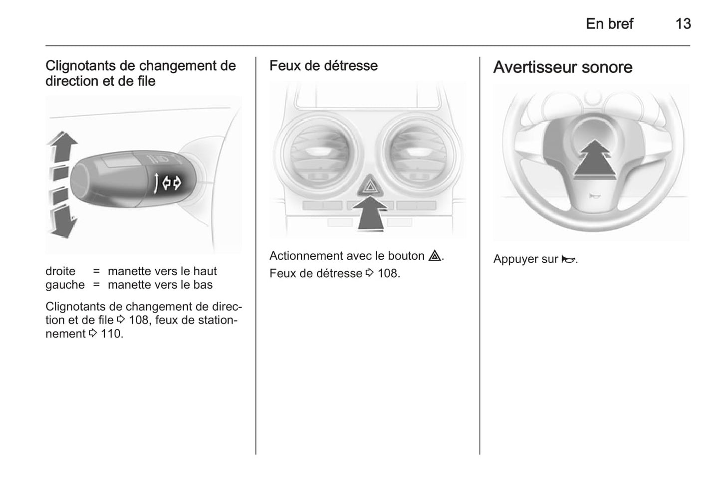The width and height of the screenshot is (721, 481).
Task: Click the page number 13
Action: (683, 24)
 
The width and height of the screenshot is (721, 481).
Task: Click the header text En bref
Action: (610, 24)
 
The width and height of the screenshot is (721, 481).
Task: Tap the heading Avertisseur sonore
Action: (563, 67)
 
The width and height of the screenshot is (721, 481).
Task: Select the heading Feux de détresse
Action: (323, 66)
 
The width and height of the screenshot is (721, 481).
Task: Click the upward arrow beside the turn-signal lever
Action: (62, 147)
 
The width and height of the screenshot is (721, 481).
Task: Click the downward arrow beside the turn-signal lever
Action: (63, 222)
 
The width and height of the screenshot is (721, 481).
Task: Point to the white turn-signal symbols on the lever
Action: (168, 183)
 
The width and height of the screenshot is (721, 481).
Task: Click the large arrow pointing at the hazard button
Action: (370, 213)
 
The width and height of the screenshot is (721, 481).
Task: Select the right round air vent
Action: (419, 155)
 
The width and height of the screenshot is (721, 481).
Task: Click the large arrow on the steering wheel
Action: (594, 159)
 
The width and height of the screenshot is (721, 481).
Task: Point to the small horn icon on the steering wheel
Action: (594, 196)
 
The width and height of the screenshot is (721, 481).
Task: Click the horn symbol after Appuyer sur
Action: (568, 259)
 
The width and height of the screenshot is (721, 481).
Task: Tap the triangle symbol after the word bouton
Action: (435, 256)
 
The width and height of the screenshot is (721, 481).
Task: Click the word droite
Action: (60, 271)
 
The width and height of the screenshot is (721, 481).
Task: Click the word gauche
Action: (65, 285)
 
